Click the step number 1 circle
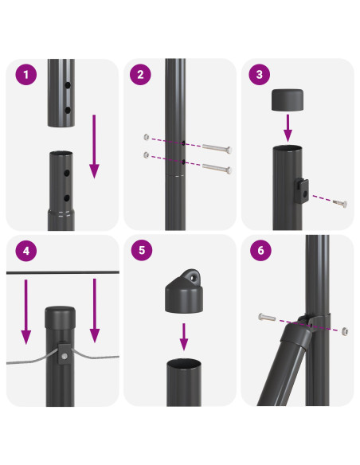click(26, 76)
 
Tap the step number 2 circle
click(141, 76)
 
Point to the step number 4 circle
click(26, 251)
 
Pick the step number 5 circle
click(142, 251)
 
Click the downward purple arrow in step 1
click(94, 147)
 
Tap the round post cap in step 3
click(288, 100)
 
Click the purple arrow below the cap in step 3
click(288, 127)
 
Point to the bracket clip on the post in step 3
click(302, 189)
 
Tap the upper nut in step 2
click(146, 136)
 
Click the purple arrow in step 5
click(183, 338)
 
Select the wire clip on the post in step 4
click(63, 354)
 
